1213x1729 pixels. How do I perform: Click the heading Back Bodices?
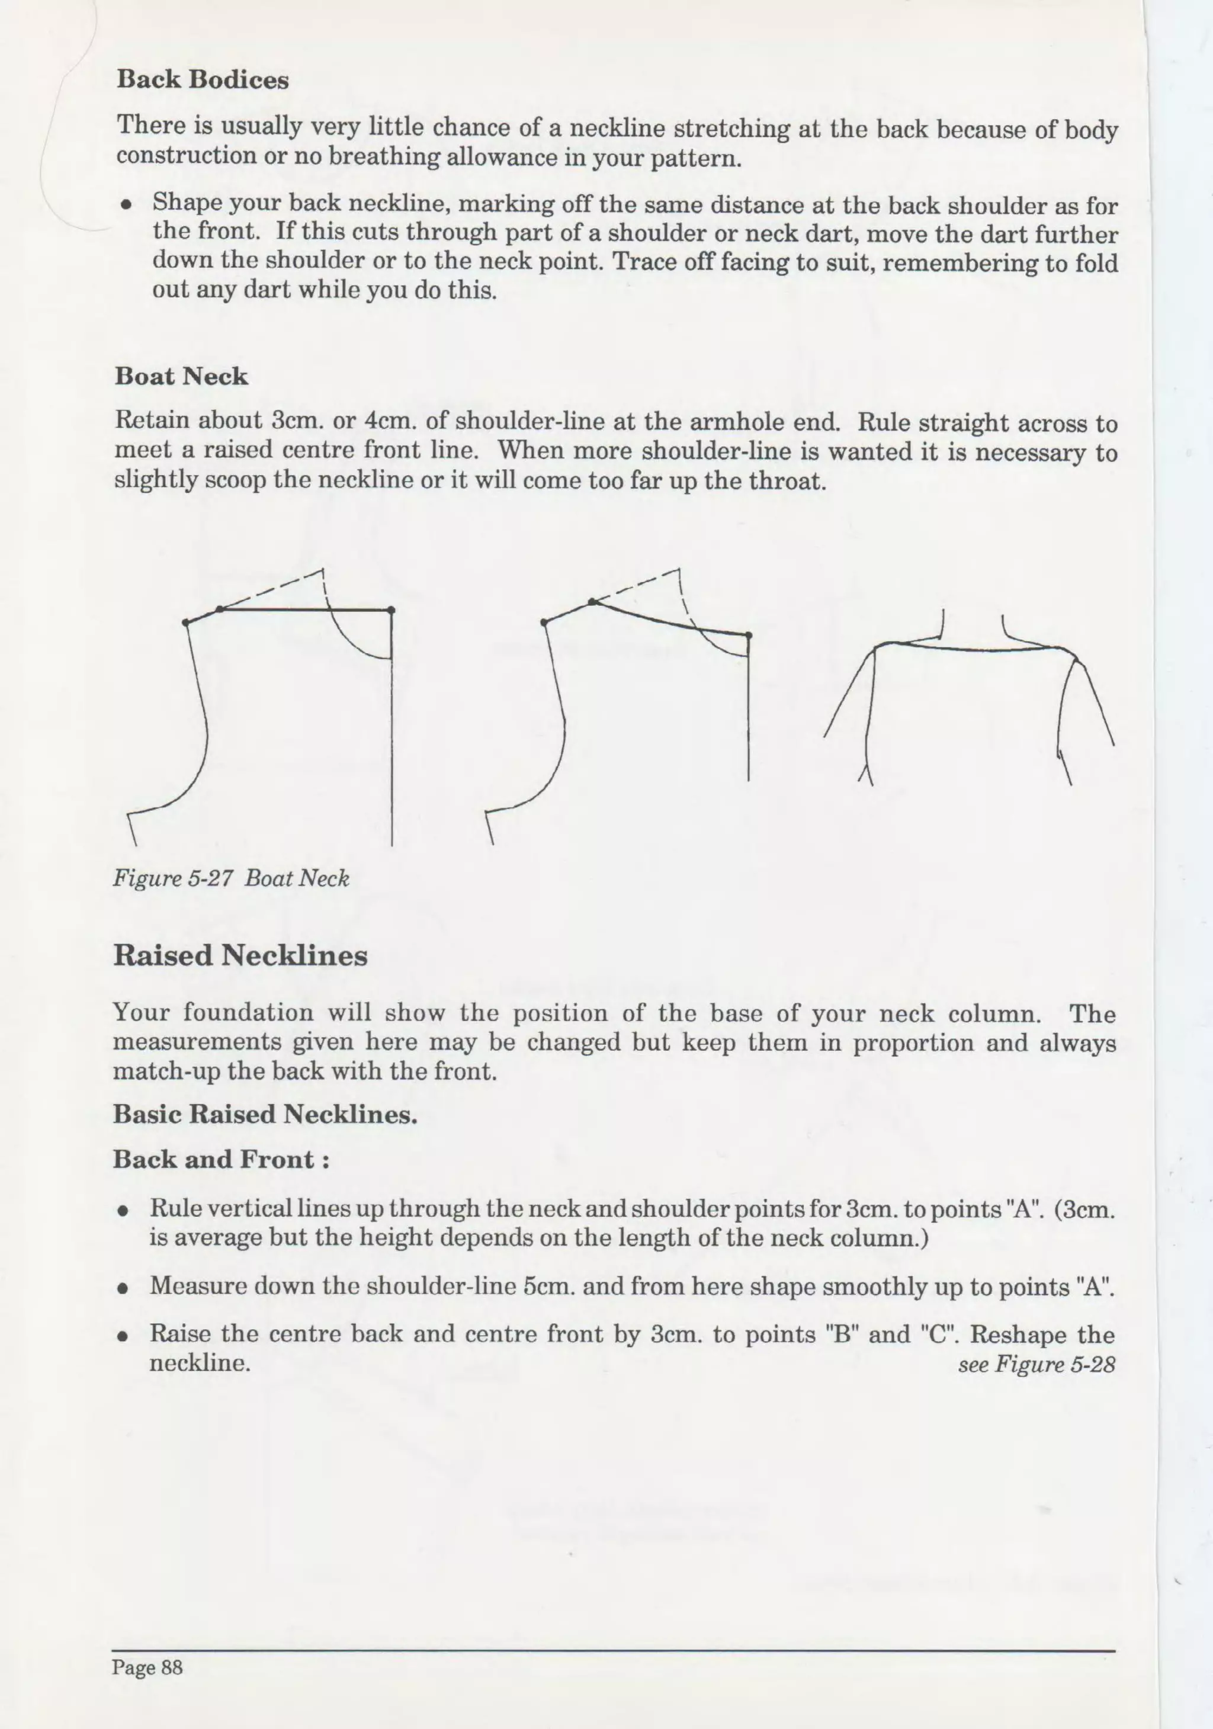coord(203,80)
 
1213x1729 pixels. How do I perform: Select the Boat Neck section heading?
coord(181,377)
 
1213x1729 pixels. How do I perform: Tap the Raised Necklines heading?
coord(240,955)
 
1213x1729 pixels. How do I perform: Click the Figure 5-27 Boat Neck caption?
coord(231,878)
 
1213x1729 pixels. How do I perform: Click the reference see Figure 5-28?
coord(1036,1365)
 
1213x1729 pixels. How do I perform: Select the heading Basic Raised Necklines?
coord(265,1115)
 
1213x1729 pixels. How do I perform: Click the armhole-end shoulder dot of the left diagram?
coord(186,623)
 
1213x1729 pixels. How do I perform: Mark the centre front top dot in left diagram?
coord(392,610)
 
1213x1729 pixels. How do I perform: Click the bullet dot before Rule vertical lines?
coord(121,1212)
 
